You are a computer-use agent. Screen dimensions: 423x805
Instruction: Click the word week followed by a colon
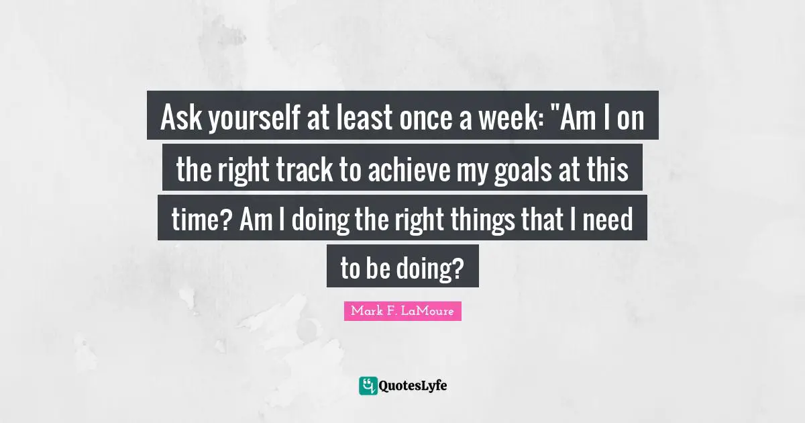pyautogui.click(x=507, y=120)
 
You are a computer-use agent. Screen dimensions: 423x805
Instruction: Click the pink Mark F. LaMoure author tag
pyautogui.click(x=402, y=312)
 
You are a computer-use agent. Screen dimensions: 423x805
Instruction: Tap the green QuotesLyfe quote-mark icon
pyautogui.click(x=368, y=385)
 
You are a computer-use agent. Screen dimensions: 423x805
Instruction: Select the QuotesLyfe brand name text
pyautogui.click(x=413, y=386)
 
